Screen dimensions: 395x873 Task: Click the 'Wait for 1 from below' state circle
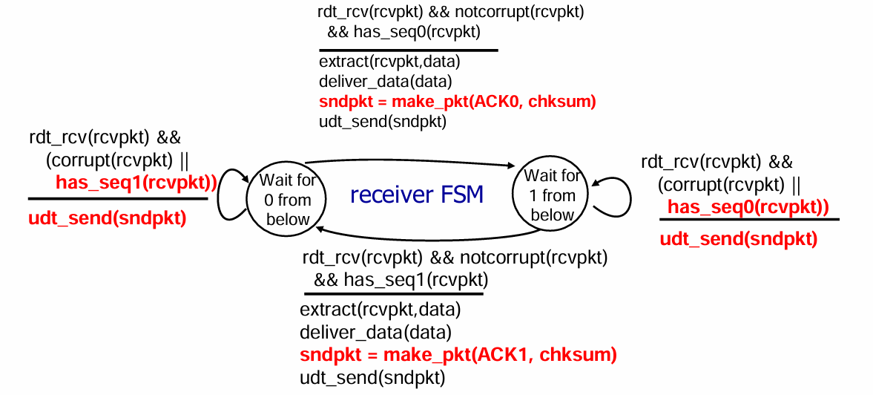tap(550, 195)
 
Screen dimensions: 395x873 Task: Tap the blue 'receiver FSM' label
tap(416, 195)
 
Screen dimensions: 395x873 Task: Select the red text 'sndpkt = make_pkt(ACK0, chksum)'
tap(457, 101)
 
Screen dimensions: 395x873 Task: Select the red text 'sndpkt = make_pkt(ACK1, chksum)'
tap(458, 355)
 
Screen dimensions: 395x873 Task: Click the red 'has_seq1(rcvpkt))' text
tap(136, 183)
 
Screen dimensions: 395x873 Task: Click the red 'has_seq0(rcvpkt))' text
tap(748, 207)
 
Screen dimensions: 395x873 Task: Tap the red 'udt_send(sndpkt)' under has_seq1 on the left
tap(107, 218)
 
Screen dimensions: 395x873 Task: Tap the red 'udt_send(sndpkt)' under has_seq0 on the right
tap(738, 238)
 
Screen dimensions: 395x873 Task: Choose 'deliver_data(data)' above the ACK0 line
tap(385, 81)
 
